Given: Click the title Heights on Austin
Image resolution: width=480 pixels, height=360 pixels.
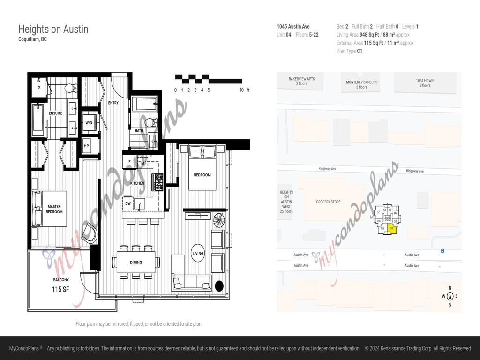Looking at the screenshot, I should pos(53,29).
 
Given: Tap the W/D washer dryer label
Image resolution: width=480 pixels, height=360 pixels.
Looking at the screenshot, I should pos(89,123).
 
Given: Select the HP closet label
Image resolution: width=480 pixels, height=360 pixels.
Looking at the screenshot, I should pos(86,146).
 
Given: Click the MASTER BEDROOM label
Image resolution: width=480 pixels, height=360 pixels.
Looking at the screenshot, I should pos(54,209).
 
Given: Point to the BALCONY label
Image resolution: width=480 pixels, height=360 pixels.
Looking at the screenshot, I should pos(61,280).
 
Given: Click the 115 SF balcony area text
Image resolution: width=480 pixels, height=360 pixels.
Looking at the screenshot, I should pos(60,289).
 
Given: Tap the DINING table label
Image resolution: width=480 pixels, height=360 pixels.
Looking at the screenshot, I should pos(136,262).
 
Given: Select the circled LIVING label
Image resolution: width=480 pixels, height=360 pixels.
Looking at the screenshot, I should pos(198,254).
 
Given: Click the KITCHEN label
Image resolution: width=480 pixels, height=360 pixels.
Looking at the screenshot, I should pos(137,183).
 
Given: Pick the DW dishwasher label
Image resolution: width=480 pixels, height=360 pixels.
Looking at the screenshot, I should pos(128,203).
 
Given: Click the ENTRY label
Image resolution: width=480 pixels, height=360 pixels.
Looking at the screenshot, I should pos(113,103).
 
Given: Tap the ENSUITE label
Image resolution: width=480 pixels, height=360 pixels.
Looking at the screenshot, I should pos(55,113).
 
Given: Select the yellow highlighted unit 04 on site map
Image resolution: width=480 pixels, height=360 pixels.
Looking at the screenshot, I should pos(392,228).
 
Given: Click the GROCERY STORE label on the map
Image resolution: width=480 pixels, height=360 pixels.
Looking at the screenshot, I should pos(328,202).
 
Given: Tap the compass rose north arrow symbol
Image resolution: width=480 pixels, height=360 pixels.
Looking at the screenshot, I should pos(450,296).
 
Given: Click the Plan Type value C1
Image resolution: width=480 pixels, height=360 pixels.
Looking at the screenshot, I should pos(360,51).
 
